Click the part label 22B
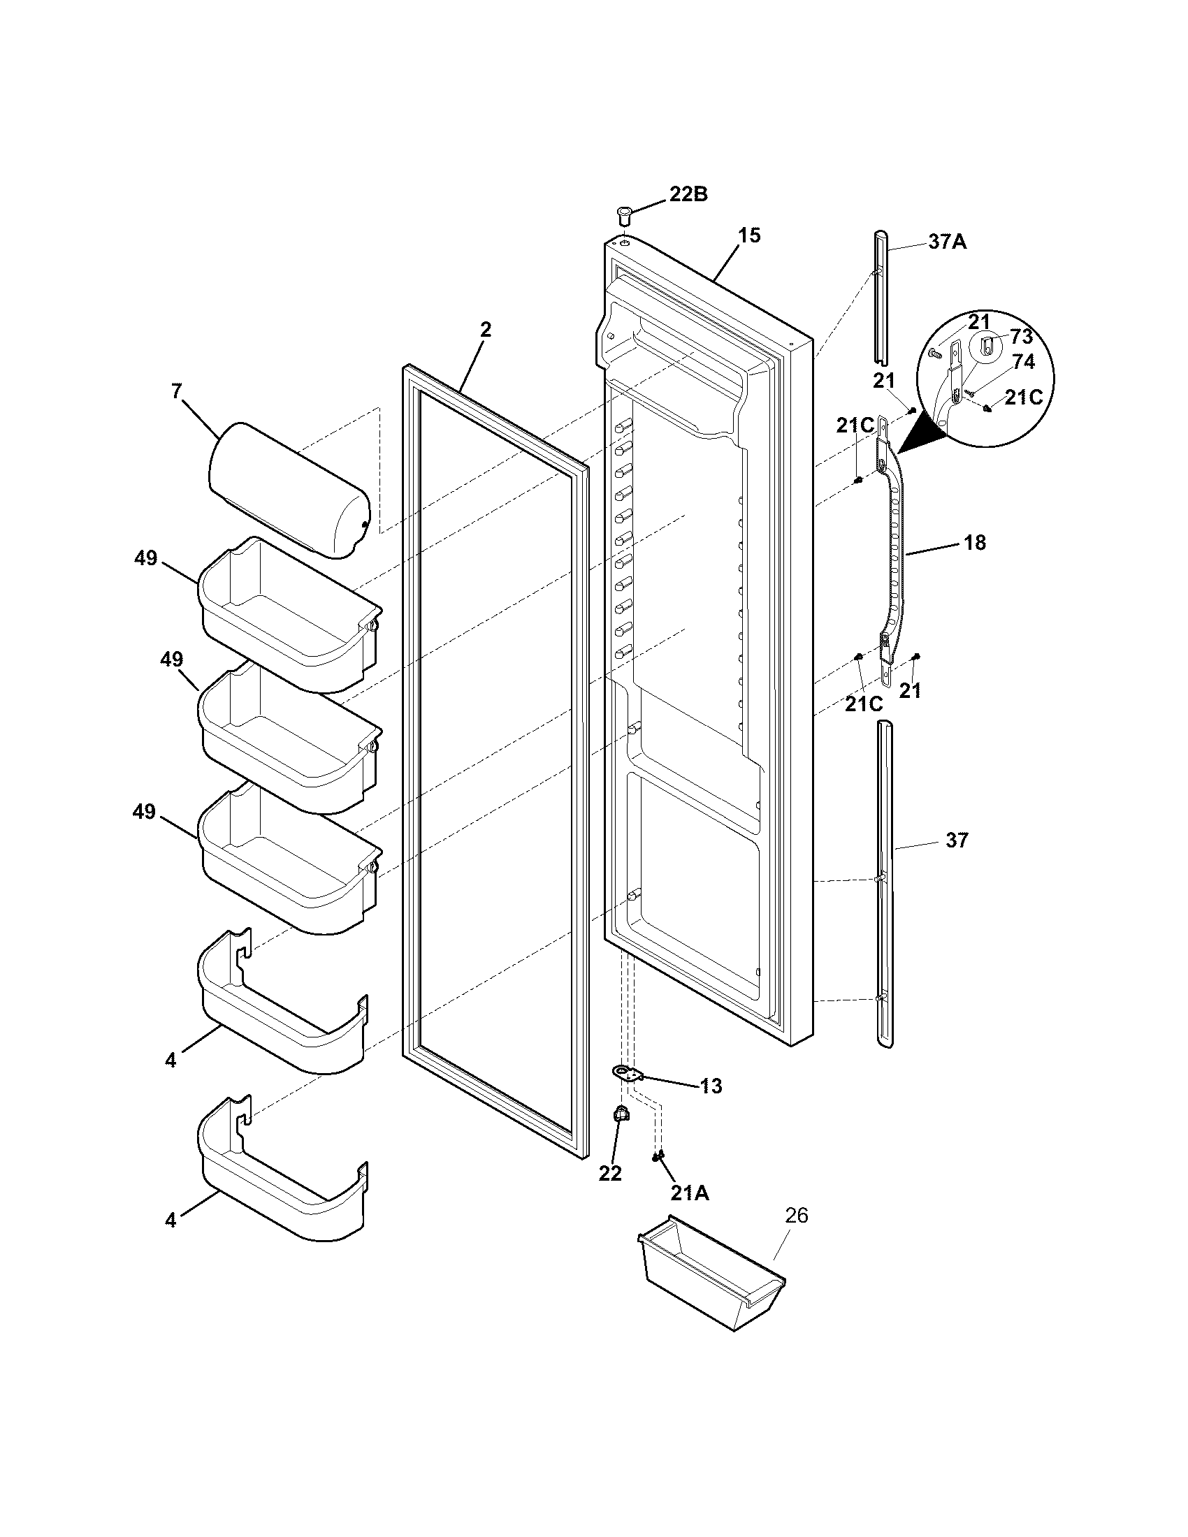688,194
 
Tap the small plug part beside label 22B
623,214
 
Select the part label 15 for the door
750,235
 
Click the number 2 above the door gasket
486,329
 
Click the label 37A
947,242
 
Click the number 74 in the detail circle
1023,362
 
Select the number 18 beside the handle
975,543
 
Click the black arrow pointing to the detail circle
918,433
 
